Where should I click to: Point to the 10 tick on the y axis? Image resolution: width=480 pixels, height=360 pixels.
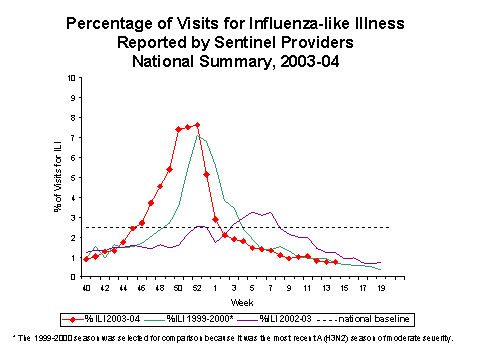pos(70,77)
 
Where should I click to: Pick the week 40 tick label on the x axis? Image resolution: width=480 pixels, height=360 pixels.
pos(86,288)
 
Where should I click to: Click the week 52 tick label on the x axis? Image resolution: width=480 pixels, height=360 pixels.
pos(197,288)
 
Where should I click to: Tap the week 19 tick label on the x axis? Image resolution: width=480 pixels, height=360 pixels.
pos(379,288)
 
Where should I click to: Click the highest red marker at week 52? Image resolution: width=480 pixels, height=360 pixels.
pos(197,125)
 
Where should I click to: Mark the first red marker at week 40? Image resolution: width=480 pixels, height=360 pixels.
pos(86,259)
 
